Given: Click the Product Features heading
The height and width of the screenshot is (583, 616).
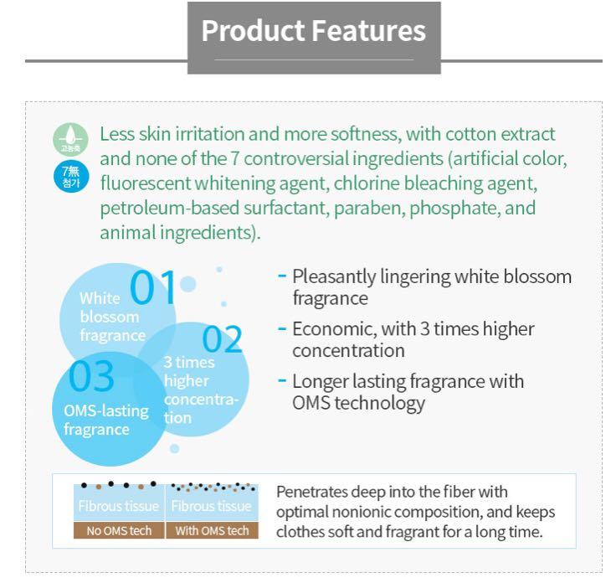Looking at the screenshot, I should (314, 31).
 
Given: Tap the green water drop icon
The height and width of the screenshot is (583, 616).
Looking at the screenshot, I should (71, 138).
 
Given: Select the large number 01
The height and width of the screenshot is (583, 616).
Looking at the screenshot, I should (153, 288).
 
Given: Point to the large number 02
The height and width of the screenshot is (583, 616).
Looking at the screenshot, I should (223, 339).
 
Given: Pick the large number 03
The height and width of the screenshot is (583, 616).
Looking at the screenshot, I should (91, 377).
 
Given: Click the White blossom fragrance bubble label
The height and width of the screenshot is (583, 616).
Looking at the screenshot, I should (110, 317).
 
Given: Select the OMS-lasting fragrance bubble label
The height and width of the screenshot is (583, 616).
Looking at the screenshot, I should (105, 420).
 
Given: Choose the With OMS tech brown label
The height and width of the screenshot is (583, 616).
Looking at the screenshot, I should (211, 530).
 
